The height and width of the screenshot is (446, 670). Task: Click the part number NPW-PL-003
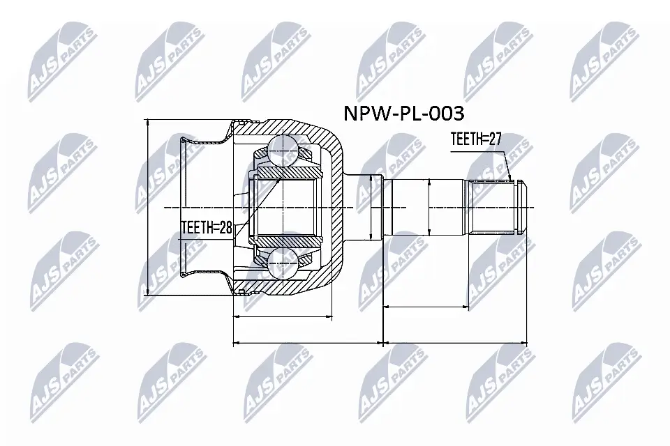403,113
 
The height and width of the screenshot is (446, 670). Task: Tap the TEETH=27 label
477,139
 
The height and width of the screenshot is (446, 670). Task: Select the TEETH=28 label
206,226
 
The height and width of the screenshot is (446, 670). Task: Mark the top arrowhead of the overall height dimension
148,121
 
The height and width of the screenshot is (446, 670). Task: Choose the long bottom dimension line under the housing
307,343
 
